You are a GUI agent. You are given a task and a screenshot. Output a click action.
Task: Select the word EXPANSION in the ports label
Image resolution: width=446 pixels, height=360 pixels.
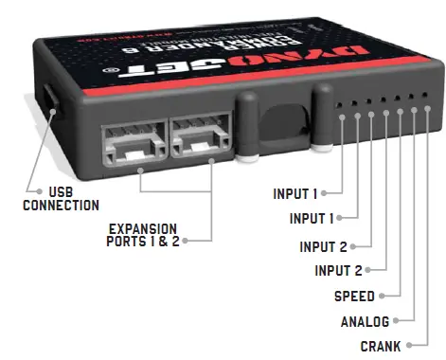click(142, 228)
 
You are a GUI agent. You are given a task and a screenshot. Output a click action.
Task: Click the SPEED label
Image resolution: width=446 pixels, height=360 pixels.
click(354, 297)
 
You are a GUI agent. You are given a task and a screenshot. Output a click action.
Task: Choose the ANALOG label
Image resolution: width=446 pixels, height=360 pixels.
click(364, 321)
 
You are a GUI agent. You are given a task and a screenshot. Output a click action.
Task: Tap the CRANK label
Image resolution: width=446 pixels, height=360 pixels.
click(380, 346)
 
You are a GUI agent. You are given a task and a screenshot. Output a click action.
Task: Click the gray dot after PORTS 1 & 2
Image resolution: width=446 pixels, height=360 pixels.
click(186, 242)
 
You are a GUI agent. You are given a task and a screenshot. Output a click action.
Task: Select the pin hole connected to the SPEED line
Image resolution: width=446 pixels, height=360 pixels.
click(400, 112)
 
